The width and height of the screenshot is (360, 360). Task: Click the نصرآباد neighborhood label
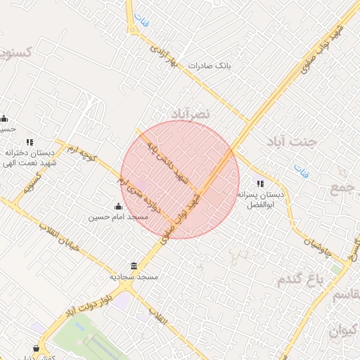191,113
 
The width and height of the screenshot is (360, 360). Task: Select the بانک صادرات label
210,65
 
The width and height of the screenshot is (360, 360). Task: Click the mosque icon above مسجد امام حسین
117,206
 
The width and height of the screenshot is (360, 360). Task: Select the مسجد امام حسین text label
117,217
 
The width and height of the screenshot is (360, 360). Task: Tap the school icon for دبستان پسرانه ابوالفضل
260,184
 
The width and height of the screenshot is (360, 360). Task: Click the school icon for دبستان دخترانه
30,141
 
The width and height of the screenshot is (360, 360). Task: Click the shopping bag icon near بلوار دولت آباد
36,348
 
